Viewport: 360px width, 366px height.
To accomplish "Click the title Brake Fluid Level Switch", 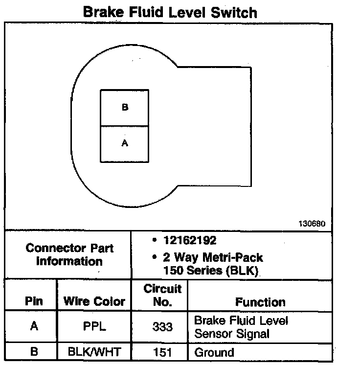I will click(x=170, y=12).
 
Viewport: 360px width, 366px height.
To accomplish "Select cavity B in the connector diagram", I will click(x=125, y=108).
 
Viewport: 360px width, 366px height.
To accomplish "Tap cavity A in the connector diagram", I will click(x=125, y=143).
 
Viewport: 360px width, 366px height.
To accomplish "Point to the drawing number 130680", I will click(x=312, y=224).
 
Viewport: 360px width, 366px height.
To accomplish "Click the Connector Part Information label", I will click(x=69, y=254).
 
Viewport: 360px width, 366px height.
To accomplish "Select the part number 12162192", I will click(x=190, y=241).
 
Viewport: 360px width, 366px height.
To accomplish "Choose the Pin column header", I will click(x=34, y=301).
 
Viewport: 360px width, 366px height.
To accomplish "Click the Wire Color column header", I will click(x=94, y=301).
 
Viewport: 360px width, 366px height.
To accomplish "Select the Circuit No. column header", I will click(x=162, y=295).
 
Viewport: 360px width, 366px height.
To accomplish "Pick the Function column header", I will click(x=260, y=302).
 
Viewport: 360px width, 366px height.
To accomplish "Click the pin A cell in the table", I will click(x=34, y=326).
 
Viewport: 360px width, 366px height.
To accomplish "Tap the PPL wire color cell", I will click(x=94, y=326).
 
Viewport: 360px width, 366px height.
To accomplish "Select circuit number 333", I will click(x=162, y=326).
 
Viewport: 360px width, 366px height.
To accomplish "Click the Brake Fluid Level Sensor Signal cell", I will click(x=241, y=327).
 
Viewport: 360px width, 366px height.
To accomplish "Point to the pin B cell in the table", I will click(x=34, y=352).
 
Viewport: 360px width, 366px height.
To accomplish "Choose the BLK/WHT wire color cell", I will click(x=94, y=352).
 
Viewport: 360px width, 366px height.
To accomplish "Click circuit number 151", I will click(x=162, y=352).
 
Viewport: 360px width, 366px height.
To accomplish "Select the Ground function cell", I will click(x=214, y=352).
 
